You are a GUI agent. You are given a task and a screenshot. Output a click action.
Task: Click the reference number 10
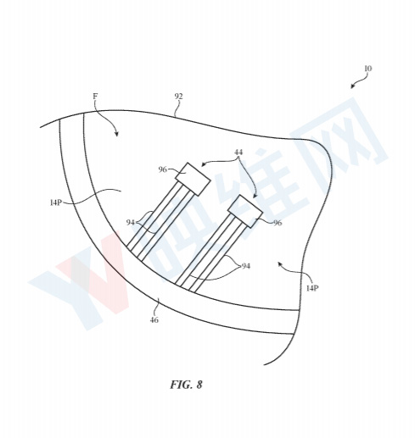368,69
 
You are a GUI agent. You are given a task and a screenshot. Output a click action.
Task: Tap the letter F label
95,97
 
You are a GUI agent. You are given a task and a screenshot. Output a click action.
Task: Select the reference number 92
178,97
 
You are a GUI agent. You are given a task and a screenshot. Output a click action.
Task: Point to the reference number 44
238,152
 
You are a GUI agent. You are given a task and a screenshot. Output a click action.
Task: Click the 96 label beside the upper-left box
163,169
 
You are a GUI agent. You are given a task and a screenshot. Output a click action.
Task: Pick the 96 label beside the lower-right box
278,223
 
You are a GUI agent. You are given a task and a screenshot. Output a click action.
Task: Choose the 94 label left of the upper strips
131,223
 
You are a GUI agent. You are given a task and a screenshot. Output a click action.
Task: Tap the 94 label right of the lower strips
245,266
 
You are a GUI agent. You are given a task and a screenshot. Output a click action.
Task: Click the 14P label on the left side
56,202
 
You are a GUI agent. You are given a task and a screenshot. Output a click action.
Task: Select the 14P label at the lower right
312,288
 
